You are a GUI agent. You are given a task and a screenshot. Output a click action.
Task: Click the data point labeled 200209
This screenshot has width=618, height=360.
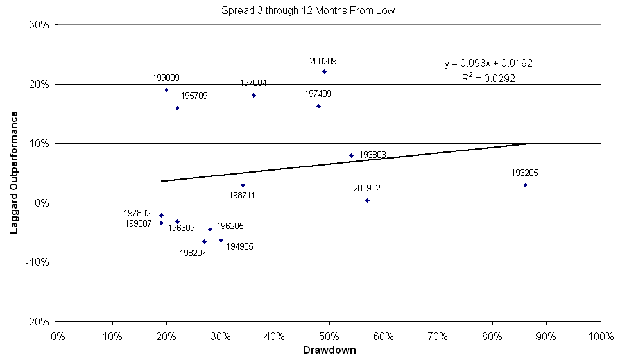[x=324, y=71]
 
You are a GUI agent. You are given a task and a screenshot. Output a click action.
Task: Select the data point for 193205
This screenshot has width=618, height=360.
[x=525, y=185]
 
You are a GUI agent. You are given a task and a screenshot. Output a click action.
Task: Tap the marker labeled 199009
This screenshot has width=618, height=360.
[x=166, y=90]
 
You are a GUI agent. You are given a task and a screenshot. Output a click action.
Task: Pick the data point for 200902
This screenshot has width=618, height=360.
[x=367, y=200]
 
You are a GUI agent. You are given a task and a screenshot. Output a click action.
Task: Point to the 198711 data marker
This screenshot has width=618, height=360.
[x=243, y=185]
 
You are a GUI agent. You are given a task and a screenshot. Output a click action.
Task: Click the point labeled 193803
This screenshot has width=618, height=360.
[x=351, y=155]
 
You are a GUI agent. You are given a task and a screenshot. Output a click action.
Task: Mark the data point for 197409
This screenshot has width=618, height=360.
[x=318, y=106]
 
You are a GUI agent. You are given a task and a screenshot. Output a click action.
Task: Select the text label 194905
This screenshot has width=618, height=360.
[x=239, y=246]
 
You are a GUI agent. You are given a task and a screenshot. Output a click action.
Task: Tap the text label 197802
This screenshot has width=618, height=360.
[x=137, y=213]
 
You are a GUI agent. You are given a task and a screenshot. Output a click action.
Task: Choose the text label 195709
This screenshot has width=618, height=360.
[x=194, y=96]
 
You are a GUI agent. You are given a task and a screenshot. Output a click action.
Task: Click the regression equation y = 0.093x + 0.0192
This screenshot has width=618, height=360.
[x=488, y=64]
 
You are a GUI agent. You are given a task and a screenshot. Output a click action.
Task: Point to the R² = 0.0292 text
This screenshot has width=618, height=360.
[x=488, y=78]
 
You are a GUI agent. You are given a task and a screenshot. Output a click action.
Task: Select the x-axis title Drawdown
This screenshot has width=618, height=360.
[x=329, y=350]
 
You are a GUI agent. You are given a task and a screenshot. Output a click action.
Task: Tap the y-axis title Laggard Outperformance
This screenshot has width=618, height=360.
[x=13, y=174]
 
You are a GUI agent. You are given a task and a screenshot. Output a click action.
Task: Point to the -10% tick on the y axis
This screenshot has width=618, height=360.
[x=40, y=262]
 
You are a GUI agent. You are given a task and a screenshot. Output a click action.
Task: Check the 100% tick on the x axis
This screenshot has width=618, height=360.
[x=600, y=335]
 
